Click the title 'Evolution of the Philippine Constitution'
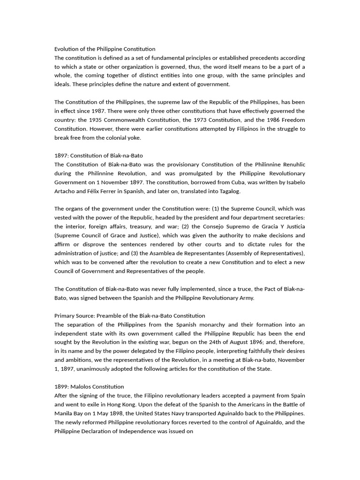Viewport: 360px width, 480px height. click(105, 49)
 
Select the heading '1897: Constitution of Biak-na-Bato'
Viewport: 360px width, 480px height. click(98, 156)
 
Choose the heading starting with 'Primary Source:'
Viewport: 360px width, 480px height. click(130, 315)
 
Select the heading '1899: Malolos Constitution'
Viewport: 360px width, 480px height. click(89, 387)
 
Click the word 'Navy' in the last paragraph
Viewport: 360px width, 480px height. click(209, 413)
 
